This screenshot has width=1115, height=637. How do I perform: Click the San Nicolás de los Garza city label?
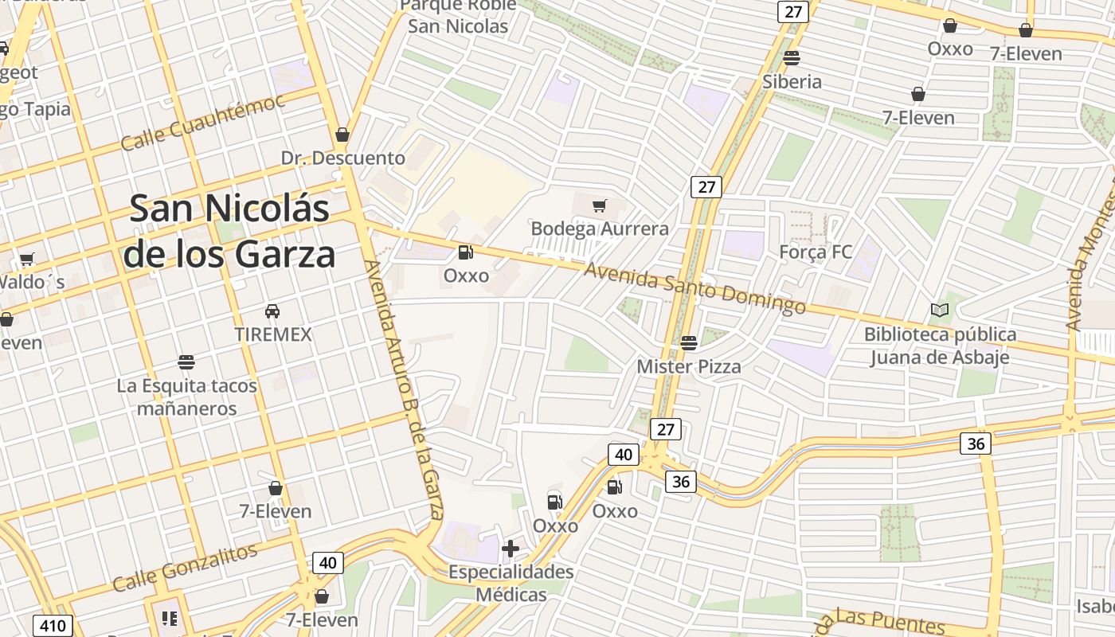[x=229, y=232]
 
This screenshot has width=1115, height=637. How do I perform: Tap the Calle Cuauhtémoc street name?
[x=202, y=122]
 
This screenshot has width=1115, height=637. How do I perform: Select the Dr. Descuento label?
[x=343, y=158]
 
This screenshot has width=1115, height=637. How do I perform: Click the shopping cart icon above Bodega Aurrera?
[x=600, y=206]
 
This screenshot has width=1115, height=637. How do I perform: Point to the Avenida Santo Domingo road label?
[x=695, y=290]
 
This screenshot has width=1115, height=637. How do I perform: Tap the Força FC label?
[x=816, y=252]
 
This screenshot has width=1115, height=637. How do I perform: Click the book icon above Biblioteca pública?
[x=940, y=311]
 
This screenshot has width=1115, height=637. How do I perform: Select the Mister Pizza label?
[x=689, y=367]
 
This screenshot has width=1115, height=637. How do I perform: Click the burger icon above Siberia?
[x=792, y=58]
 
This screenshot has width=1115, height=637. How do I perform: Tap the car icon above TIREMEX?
[x=272, y=311]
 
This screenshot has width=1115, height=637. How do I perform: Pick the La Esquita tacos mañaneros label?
[x=187, y=397]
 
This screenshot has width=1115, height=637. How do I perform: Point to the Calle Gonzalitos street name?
[x=185, y=567]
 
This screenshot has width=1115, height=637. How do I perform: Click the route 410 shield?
[x=53, y=626]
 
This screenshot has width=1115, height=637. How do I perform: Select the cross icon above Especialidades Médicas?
[x=511, y=549]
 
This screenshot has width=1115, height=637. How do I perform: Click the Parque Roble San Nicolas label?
[x=458, y=16]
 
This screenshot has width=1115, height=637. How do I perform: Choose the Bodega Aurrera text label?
[x=600, y=229]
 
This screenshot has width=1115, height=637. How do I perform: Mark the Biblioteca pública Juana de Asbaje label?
[x=940, y=346]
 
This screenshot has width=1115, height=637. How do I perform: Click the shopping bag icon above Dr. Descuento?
[x=342, y=135]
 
